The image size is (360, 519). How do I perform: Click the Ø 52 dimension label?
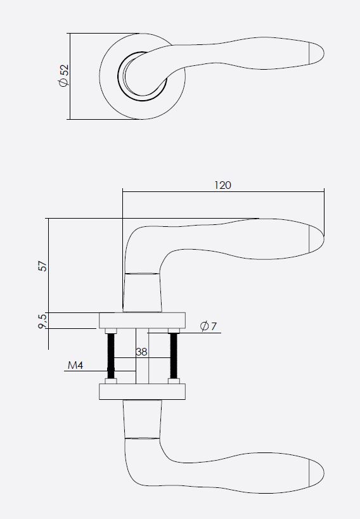(x=63, y=75)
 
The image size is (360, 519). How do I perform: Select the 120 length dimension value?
(x=222, y=185)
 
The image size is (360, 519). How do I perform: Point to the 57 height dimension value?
(x=42, y=265)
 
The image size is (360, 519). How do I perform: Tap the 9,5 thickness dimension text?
(x=42, y=321)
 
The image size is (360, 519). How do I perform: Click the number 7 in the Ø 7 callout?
(x=214, y=327)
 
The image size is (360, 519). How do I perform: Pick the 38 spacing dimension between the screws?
(x=141, y=352)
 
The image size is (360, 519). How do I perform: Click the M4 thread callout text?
(x=75, y=366)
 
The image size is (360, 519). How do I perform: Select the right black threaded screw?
(x=171, y=356)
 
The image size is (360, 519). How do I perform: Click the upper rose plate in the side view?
(x=142, y=320)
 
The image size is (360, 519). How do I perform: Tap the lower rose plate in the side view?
(x=142, y=392)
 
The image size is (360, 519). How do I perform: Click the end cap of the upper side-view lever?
(x=316, y=238)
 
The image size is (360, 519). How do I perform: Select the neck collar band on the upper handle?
(x=142, y=274)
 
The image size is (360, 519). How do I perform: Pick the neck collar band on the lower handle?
(x=142, y=437)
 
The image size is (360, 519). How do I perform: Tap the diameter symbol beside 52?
(x=63, y=84)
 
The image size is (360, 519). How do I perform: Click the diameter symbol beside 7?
(x=204, y=327)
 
